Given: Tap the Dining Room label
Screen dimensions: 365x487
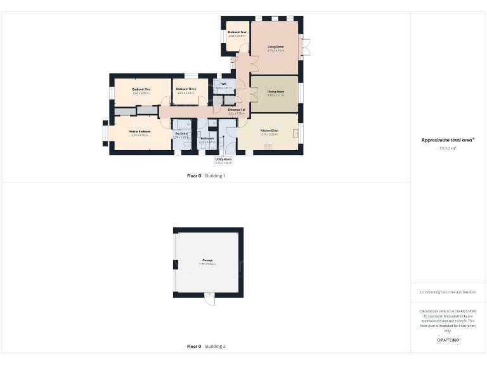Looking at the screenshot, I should (275, 93).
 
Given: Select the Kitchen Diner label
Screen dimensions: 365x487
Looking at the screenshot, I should (269, 131).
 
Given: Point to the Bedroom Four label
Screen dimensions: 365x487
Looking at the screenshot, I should (237, 32).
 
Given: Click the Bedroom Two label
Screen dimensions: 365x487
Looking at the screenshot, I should (141, 89).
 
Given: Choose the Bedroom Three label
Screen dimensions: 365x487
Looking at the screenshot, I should (186, 89).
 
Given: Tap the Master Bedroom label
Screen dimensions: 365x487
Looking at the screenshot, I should (139, 132).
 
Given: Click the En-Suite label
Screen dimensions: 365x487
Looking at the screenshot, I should (181, 134).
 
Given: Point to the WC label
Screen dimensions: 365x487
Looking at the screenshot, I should (224, 84).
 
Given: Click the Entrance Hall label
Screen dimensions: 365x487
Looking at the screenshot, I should (237, 110).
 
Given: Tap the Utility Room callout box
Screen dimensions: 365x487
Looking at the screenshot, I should (223, 161).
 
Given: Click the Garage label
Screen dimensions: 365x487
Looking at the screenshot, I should (207, 260).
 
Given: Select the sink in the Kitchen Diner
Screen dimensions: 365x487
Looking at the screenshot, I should (296, 132).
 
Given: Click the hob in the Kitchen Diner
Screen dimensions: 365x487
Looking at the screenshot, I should (267, 148).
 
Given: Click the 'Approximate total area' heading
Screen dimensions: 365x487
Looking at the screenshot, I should (448, 140).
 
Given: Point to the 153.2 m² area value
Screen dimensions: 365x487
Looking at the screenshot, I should (448, 148).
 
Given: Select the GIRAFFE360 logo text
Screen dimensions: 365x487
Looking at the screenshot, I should (448, 340).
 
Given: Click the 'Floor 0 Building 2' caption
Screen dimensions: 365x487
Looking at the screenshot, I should (206, 347).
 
